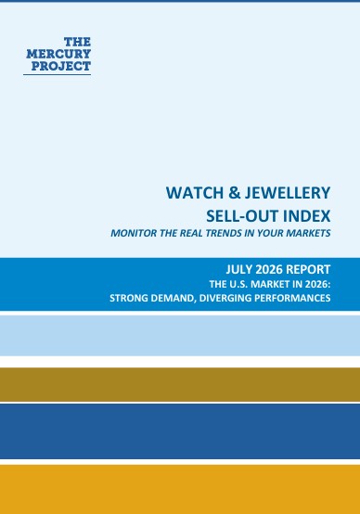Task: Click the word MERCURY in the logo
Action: pyautogui.click(x=58, y=54)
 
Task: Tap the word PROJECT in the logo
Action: pyautogui.click(x=61, y=66)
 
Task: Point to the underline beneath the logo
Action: pyautogui.click(x=57, y=75)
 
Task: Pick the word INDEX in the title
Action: pyautogui.click(x=306, y=215)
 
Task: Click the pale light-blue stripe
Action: pyautogui.click(x=180, y=335)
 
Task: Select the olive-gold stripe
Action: pyautogui.click(x=180, y=384)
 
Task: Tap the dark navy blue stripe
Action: pyautogui.click(x=180, y=431)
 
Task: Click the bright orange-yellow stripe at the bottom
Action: pyautogui.click(x=180, y=489)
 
